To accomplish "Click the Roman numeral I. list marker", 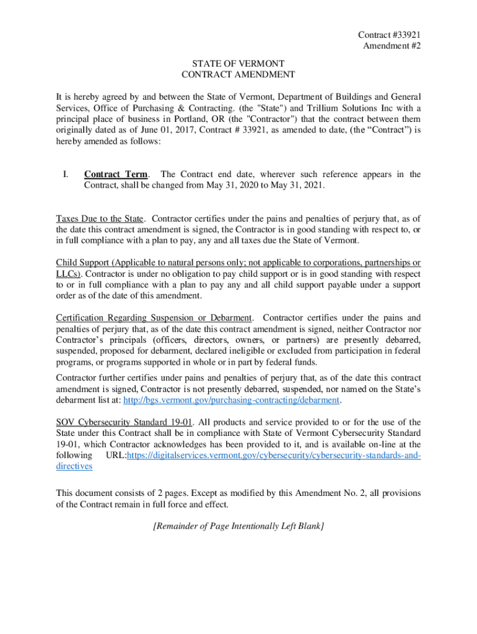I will [x=67, y=175].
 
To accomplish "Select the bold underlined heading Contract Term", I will [x=116, y=175].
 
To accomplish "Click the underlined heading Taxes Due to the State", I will [x=100, y=219].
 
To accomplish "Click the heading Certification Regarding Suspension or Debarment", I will [x=154, y=318].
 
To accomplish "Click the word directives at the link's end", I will [x=74, y=467].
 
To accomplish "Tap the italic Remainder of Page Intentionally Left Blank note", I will [x=239, y=526].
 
